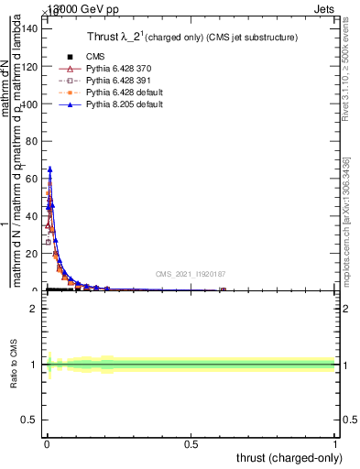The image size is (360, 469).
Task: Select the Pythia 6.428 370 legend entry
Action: pyautogui.click(x=111, y=69)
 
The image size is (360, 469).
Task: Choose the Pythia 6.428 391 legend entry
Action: pyautogui.click(x=111, y=81)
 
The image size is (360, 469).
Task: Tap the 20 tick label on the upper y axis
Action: pyautogui.click(x=33, y=254)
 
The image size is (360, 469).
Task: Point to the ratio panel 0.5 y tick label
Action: pyautogui.click(x=31, y=421)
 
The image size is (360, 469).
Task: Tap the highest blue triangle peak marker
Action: pyautogui.click(x=50, y=169)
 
